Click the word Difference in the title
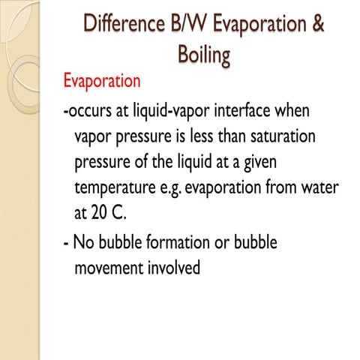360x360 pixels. (x=124, y=24)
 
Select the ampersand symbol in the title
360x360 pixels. (x=318, y=24)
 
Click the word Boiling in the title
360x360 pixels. (x=204, y=55)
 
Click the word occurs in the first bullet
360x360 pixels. (x=91, y=113)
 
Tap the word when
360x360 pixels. (x=292, y=113)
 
